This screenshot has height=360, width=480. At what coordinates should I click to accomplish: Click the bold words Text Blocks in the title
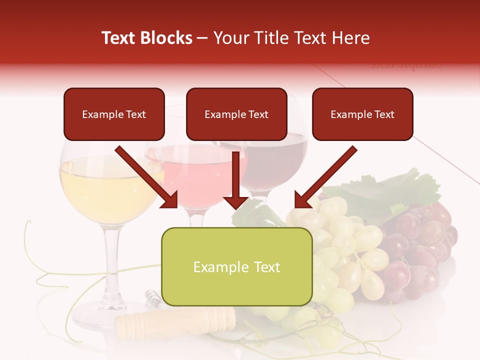coord(146,38)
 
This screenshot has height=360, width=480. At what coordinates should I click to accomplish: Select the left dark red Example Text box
coord(114,114)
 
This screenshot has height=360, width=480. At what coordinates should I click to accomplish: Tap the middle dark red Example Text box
coord(236,114)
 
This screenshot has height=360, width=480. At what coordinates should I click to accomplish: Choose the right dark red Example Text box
coord(362,114)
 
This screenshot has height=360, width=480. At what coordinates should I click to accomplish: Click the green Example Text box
coord(236,267)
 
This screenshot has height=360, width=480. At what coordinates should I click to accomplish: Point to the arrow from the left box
coord(147,177)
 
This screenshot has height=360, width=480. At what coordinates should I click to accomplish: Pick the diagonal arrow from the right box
coord(325,177)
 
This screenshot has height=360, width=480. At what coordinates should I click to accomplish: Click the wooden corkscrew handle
coord(175,320)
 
